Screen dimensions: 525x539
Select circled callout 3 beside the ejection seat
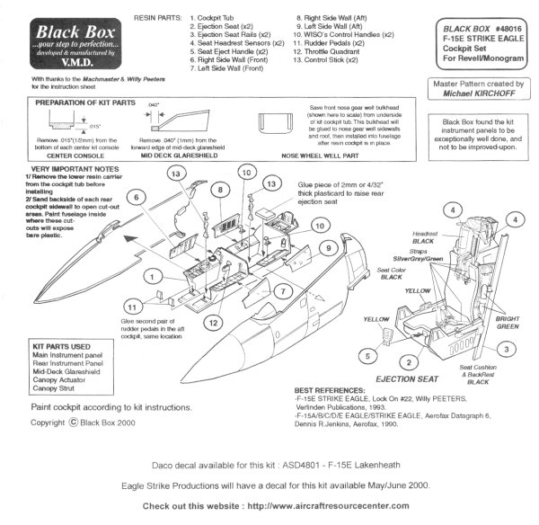point(507,348)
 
